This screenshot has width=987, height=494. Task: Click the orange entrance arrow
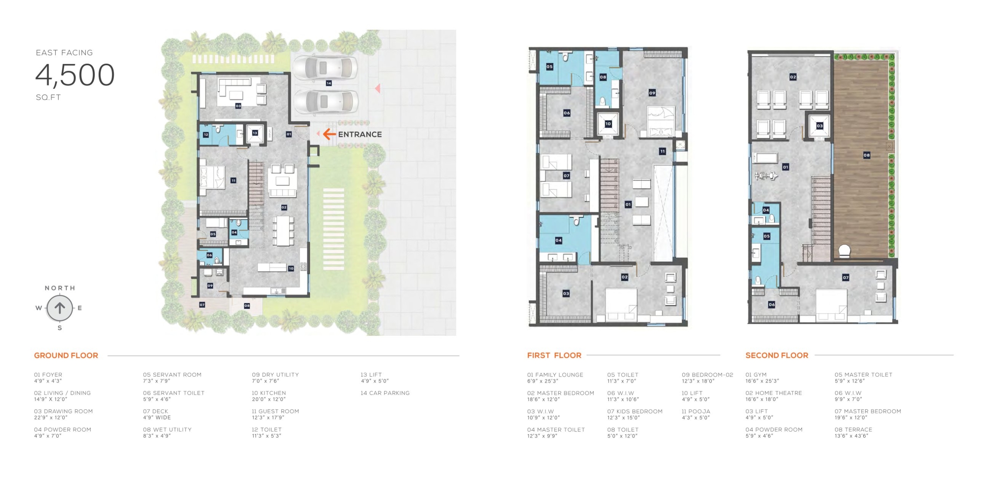coord(329,134)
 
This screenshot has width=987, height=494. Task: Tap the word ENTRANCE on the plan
coord(360,134)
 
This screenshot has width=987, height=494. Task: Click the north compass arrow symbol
coord(60,308)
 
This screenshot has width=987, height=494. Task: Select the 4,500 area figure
coord(75,75)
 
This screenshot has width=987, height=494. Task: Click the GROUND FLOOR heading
coord(66,355)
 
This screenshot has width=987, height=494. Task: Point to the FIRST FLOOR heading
coord(554,355)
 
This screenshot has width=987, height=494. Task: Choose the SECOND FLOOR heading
coord(776,355)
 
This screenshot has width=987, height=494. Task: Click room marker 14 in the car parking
coord(328,83)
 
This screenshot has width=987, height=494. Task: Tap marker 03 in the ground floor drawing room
coord(238,106)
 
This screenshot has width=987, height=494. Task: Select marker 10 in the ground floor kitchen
coord(291,268)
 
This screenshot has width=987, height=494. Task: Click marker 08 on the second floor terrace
coord(866,155)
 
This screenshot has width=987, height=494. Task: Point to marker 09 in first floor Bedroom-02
coord(652,93)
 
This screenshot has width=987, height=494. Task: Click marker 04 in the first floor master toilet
coord(558,240)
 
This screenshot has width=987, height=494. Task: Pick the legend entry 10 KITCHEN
coord(269,393)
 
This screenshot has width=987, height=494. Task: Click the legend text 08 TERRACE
coord(853,430)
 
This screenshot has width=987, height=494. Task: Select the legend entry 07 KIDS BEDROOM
coord(635,411)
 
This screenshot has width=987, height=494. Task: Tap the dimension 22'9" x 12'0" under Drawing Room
coord(51,418)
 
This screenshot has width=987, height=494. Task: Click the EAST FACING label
coord(64,52)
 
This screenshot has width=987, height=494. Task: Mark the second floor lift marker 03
coord(819,126)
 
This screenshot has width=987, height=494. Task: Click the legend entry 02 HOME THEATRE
coord(773,393)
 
